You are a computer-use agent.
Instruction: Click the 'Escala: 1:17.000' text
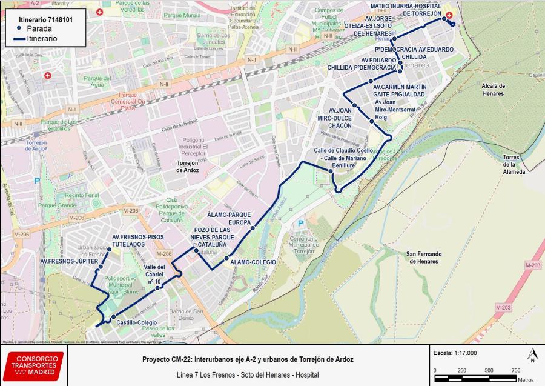(x=455, y=353)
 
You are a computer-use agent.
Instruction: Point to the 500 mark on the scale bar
(x=488, y=370)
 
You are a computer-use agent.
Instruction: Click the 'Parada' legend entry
(x=38, y=28)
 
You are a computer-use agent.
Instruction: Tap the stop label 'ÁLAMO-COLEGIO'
(x=253, y=261)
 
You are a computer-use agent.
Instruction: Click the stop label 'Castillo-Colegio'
(x=137, y=322)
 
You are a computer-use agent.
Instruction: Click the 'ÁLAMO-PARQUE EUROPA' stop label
(x=229, y=218)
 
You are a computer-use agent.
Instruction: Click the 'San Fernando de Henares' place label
(x=423, y=258)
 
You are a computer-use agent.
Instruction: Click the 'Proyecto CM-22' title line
(x=248, y=359)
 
